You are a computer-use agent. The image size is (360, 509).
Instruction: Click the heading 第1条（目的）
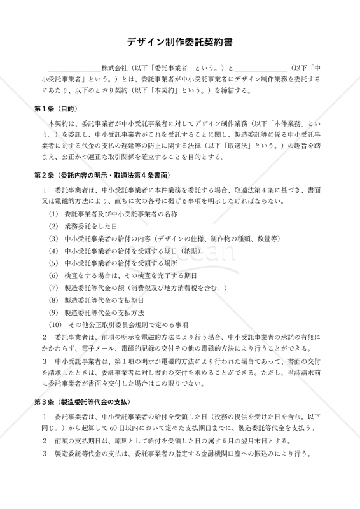pyautogui.click(x=60, y=108)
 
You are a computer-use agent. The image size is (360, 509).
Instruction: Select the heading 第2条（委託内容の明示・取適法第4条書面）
pyautogui.click(x=102, y=175)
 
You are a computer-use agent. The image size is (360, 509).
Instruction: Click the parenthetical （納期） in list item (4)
pyautogui.click(x=171, y=251)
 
